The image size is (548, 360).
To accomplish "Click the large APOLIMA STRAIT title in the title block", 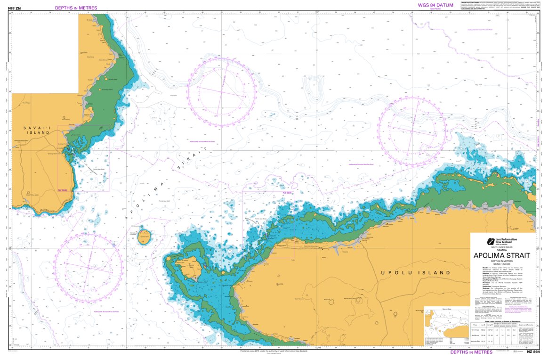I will tap(502, 255).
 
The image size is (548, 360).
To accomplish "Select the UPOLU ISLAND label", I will tap(415, 272).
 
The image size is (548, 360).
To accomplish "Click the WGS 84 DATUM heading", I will tap(435, 5).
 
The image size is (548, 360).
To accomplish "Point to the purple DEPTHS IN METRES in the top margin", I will tap(76, 8).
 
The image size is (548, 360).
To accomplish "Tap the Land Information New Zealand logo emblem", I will tap(490, 240).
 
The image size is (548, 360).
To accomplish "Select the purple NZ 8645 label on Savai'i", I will tap(63, 190).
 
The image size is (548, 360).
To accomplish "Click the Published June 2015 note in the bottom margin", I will tap(274, 351).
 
